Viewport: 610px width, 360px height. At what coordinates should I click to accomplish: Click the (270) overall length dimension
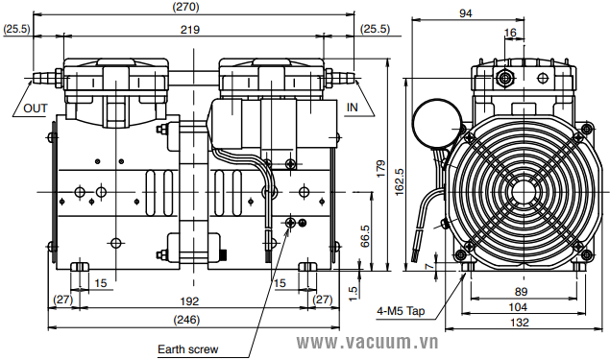click(x=185, y=7)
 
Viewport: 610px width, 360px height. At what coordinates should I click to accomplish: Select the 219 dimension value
click(x=190, y=30)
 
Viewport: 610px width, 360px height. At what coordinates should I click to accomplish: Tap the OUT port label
click(x=36, y=108)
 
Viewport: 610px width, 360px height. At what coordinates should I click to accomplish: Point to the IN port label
click(x=353, y=108)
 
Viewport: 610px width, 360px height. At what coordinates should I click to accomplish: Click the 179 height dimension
click(x=380, y=168)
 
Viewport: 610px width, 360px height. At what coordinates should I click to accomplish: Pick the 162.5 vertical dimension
click(x=400, y=182)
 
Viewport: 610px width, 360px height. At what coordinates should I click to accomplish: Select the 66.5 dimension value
click(x=365, y=236)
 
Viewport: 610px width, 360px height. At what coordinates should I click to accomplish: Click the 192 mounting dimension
click(x=189, y=301)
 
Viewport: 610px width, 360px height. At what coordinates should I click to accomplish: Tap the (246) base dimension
click(x=187, y=320)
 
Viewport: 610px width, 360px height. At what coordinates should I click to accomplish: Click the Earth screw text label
click(x=188, y=349)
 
